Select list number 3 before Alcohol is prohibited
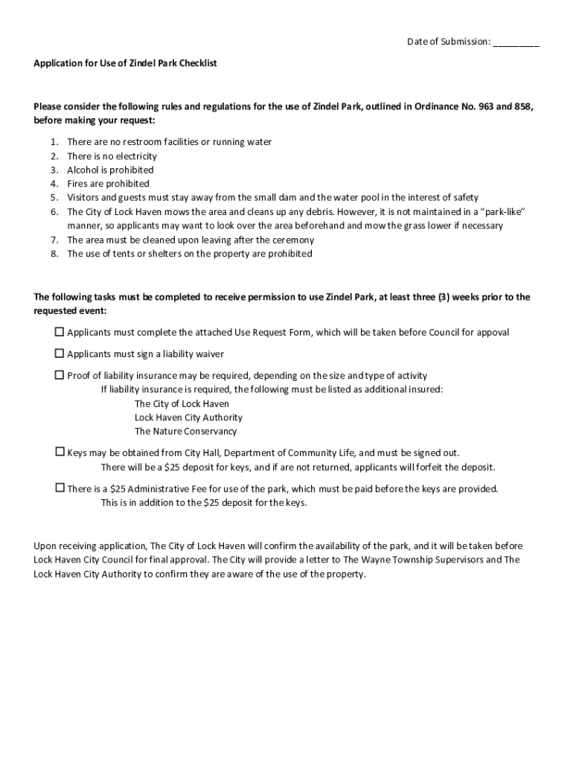click(54, 170)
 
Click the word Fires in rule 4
click(77, 184)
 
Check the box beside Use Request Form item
click(60, 332)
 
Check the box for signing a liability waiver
click(60, 353)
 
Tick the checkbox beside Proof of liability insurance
click(60, 375)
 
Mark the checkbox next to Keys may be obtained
click(60, 452)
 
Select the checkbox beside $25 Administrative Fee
click(60, 488)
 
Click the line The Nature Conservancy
click(185, 432)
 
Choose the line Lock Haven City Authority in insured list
click(188, 417)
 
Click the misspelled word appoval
click(492, 333)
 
